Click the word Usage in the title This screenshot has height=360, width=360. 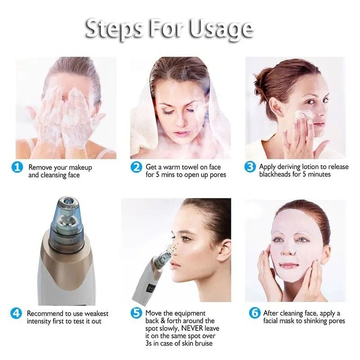click(220, 29)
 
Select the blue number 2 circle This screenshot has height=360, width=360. click(136, 167)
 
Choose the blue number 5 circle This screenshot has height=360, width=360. click(136, 314)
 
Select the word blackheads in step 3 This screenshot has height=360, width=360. click(278, 174)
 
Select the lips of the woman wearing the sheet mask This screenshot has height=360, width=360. click(289, 265)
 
